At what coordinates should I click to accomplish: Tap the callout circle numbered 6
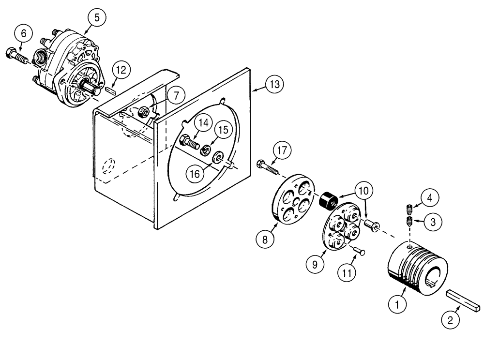[24, 35]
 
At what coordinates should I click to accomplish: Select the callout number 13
[274, 85]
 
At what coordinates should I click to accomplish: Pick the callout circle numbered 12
[121, 70]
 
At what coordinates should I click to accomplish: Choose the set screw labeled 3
[409, 222]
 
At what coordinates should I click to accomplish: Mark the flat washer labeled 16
[218, 156]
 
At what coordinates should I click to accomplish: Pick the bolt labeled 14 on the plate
[189, 143]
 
